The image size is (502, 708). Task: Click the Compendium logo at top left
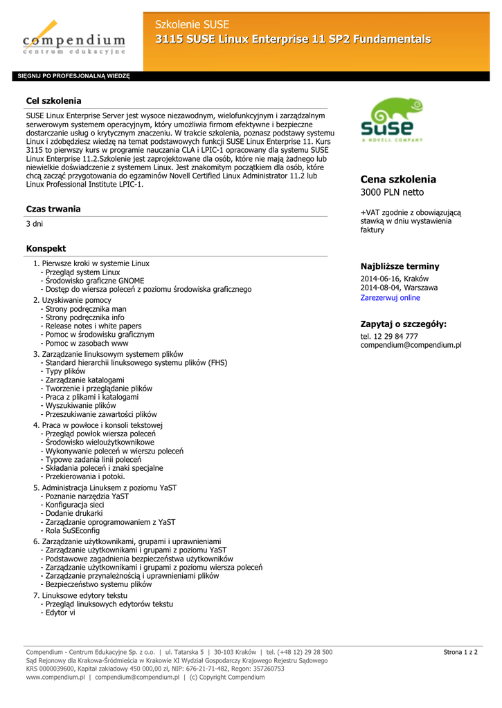coord(73,38)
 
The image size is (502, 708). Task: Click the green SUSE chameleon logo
coord(391,120)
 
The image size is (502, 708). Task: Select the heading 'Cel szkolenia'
coord(53,101)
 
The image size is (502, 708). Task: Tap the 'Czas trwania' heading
coord(53,209)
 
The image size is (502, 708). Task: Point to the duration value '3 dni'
coord(35,225)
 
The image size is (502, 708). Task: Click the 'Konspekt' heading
coord(46,248)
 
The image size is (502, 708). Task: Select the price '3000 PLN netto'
coord(392,192)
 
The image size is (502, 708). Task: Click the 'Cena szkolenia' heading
coord(398,179)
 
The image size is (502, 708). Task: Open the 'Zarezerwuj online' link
coord(390,298)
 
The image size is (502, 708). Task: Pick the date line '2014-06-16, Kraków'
coord(394,279)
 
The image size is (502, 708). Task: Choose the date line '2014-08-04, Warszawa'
coord(399,288)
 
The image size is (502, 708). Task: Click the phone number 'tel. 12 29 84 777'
coord(389,336)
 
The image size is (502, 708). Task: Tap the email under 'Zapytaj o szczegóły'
coord(411,345)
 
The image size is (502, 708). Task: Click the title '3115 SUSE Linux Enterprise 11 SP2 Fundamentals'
coord(292,39)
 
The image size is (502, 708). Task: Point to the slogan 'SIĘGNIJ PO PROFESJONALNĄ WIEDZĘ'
coord(73,76)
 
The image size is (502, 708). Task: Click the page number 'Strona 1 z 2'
coord(460,652)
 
